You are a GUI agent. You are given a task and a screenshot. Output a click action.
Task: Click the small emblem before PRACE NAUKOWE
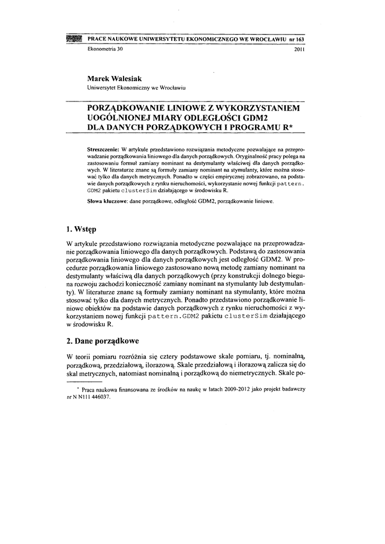[x=74, y=40]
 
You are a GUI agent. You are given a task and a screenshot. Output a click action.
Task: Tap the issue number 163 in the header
[x=304, y=40]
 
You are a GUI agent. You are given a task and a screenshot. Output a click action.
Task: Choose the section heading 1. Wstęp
[x=81, y=230]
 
